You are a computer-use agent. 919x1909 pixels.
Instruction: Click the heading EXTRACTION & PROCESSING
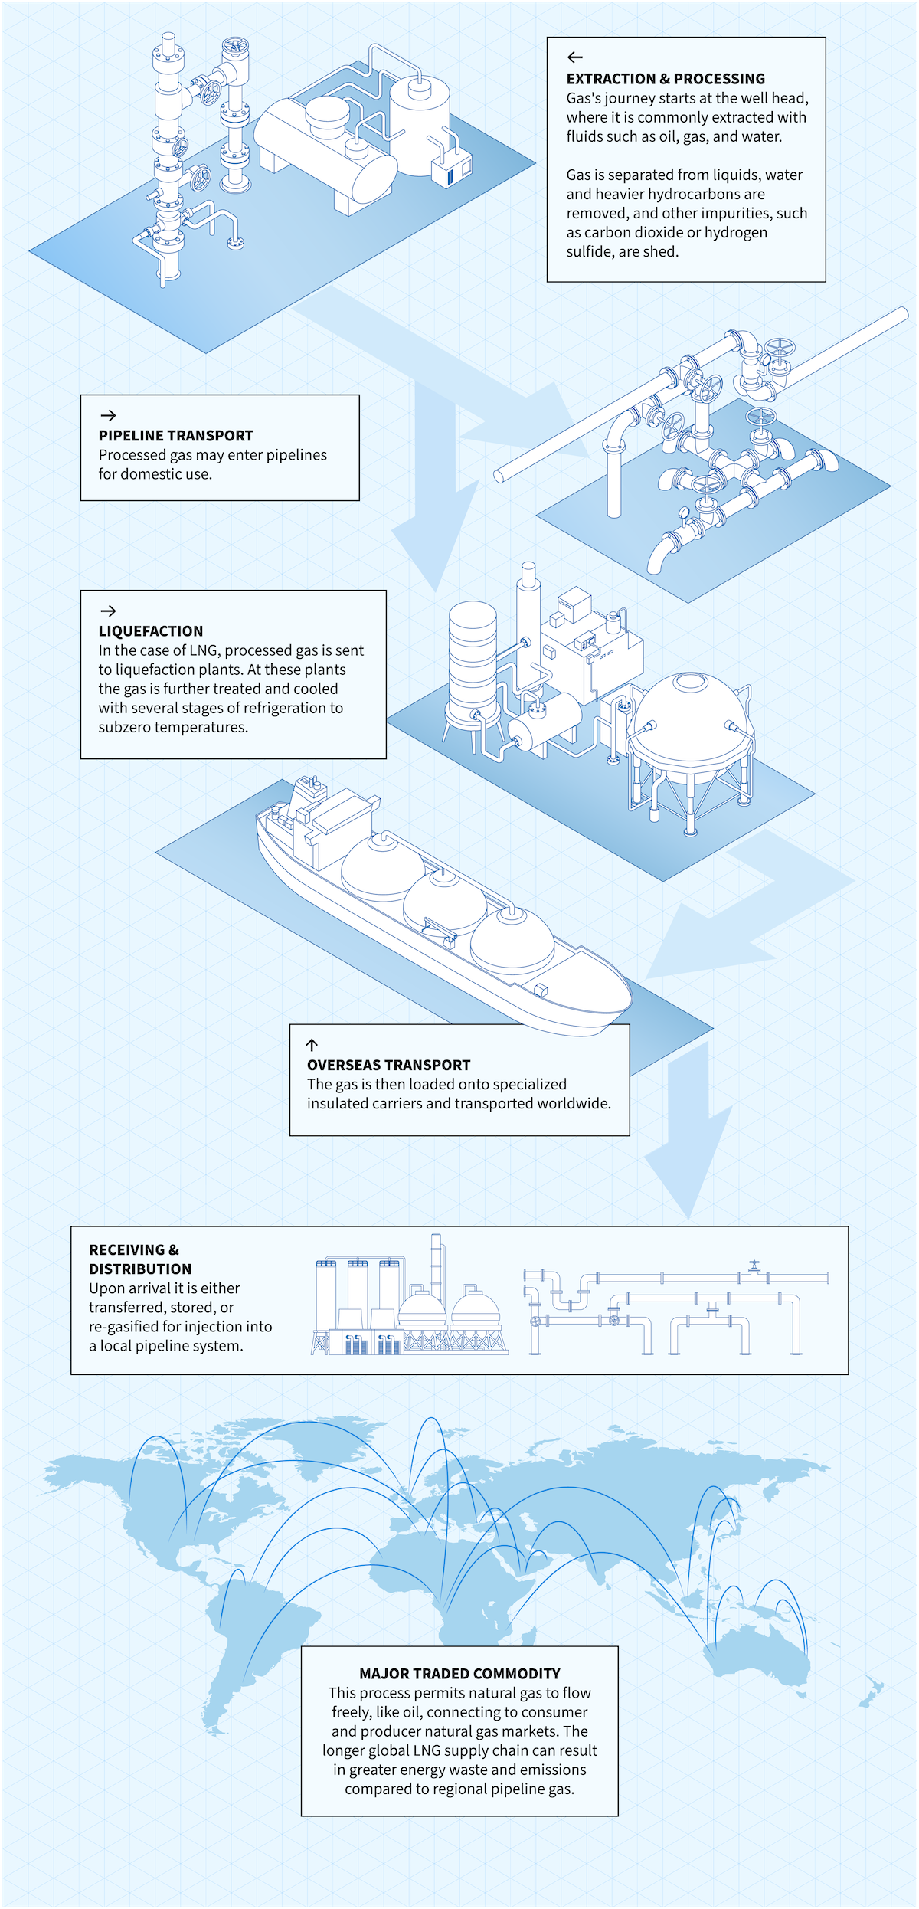[666, 79]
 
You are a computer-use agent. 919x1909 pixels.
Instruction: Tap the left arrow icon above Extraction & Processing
[574, 57]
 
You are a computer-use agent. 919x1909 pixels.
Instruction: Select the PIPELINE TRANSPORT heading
[175, 436]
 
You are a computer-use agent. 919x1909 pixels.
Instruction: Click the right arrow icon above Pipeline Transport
[108, 415]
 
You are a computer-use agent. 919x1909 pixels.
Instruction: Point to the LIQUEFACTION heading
[151, 631]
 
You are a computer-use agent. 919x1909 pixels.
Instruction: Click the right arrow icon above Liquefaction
[108, 611]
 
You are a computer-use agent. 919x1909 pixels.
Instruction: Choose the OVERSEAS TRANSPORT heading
[388, 1065]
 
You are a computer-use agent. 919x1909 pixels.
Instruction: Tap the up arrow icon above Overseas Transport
[312, 1044]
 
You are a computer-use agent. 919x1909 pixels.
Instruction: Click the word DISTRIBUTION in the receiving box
[140, 1269]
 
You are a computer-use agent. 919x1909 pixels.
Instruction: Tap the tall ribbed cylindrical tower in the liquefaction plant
[473, 659]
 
